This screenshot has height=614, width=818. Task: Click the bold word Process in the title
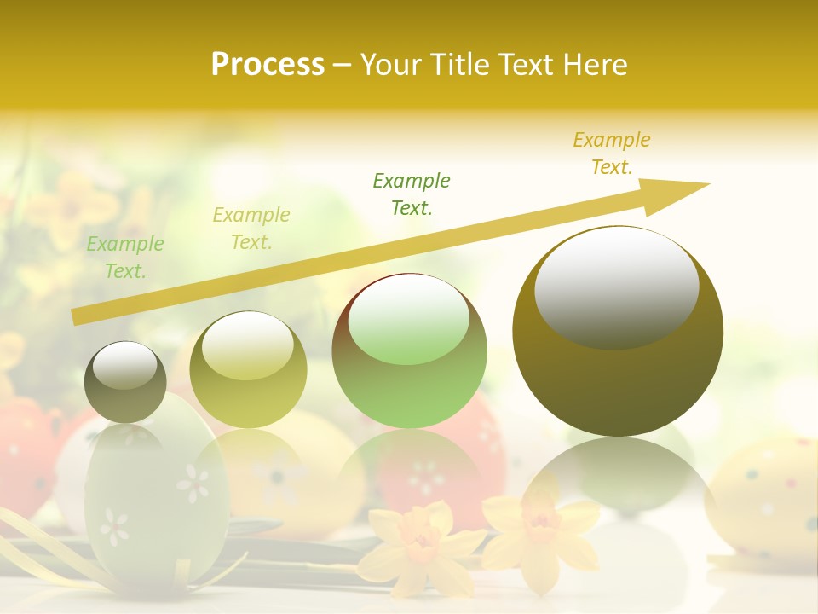(268, 65)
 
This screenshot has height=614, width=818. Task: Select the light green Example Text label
(125, 258)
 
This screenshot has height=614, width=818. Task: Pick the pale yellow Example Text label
(251, 229)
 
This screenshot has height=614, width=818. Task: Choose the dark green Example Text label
(412, 194)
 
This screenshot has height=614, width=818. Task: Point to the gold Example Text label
(612, 153)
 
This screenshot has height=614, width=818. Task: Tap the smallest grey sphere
(125, 381)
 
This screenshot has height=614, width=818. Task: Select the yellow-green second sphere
(248, 370)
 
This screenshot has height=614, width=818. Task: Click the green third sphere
(409, 351)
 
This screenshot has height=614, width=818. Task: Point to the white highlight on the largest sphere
(616, 287)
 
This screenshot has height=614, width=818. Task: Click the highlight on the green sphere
(408, 319)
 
